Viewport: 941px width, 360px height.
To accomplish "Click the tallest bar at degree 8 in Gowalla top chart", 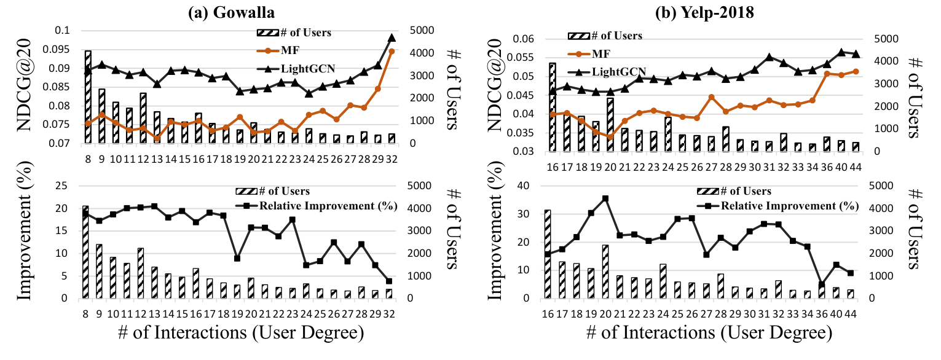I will (x=88, y=97).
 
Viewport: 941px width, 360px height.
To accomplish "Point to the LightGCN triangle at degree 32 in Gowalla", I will (x=392, y=38).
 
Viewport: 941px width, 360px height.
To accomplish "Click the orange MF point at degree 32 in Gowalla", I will (x=392, y=52).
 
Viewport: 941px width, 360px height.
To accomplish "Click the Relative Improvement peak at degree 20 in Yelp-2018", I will (x=605, y=198).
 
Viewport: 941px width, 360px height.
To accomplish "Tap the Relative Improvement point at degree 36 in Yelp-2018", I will (x=822, y=284).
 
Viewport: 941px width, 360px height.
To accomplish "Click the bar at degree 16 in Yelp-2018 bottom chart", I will (x=548, y=254).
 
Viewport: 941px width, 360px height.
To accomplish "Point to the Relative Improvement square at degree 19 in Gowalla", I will (x=237, y=258).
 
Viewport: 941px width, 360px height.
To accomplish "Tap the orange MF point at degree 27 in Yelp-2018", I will (x=711, y=97).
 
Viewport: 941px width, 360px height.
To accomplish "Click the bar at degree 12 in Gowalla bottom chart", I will (x=143, y=273).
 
